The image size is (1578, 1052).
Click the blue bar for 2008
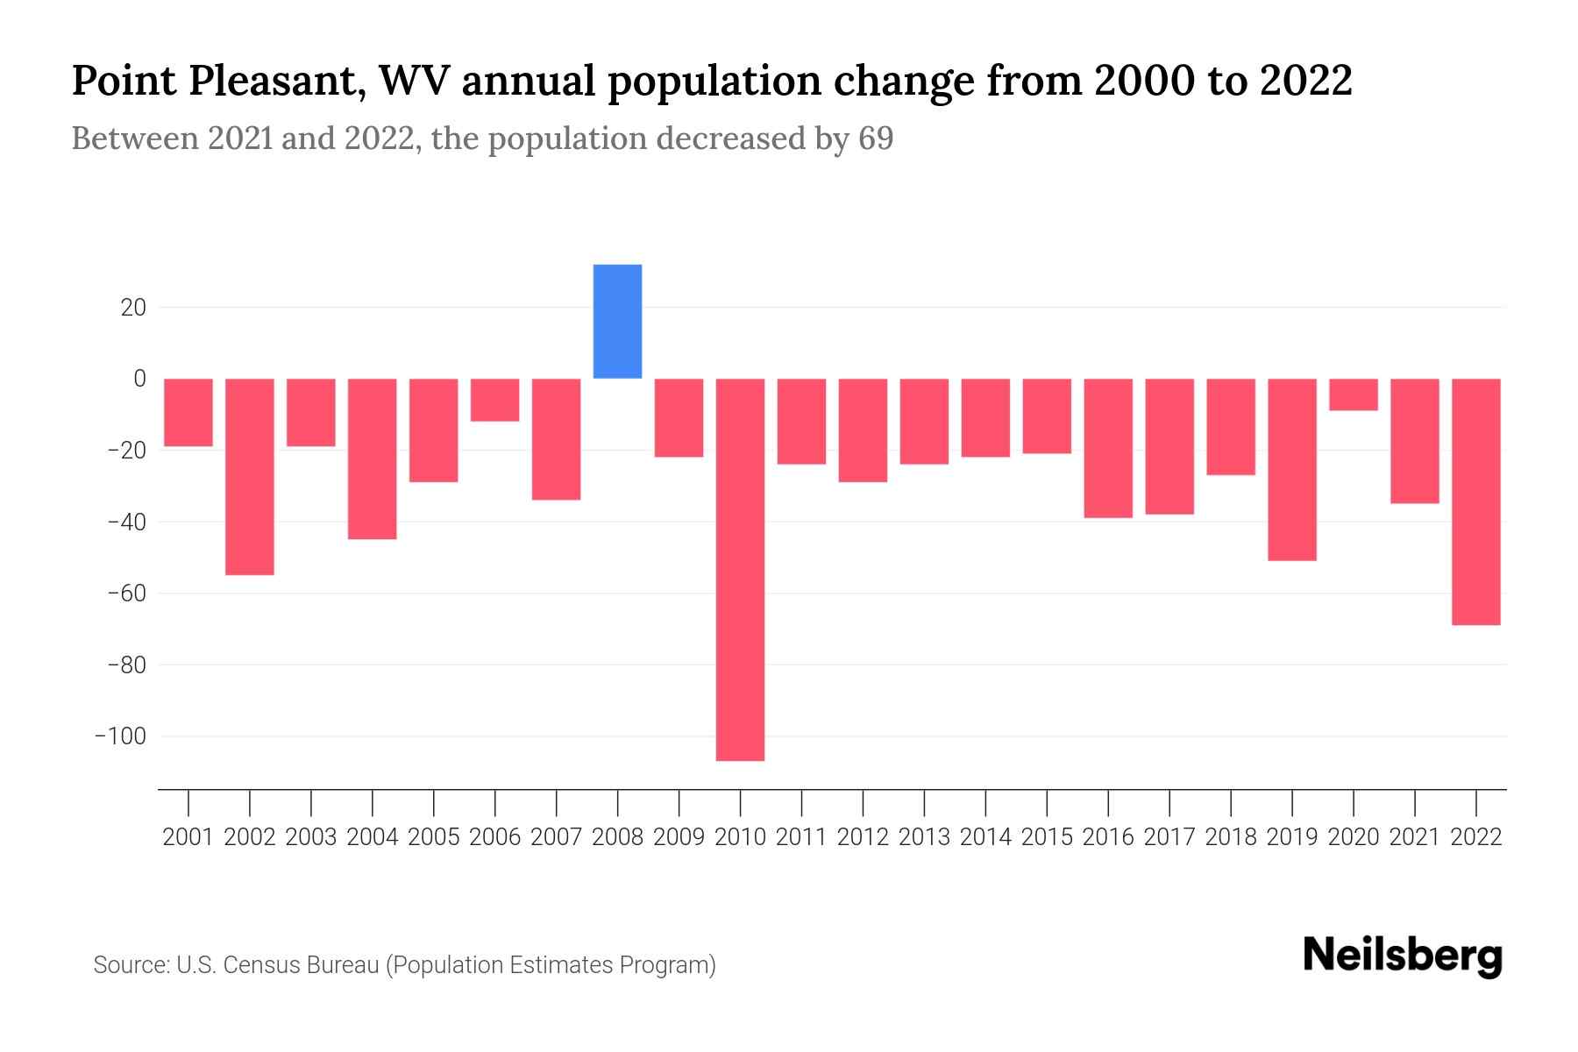(x=617, y=321)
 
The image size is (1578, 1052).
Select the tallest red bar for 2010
(x=740, y=570)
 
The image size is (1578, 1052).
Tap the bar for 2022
(x=1476, y=501)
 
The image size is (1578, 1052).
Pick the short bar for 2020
(x=1354, y=394)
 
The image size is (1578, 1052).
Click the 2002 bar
(x=250, y=476)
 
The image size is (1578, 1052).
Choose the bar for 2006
(x=494, y=400)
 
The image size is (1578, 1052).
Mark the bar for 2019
(x=1292, y=469)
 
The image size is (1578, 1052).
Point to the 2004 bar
(x=373, y=458)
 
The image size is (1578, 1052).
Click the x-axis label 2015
(x=1047, y=837)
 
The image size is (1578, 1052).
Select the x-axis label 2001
(x=188, y=837)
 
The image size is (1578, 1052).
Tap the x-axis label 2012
(x=863, y=837)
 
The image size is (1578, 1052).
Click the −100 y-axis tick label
(x=120, y=736)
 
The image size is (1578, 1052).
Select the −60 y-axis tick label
(x=125, y=594)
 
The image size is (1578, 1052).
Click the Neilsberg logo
(x=1403, y=956)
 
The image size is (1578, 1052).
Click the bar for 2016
(x=1108, y=448)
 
